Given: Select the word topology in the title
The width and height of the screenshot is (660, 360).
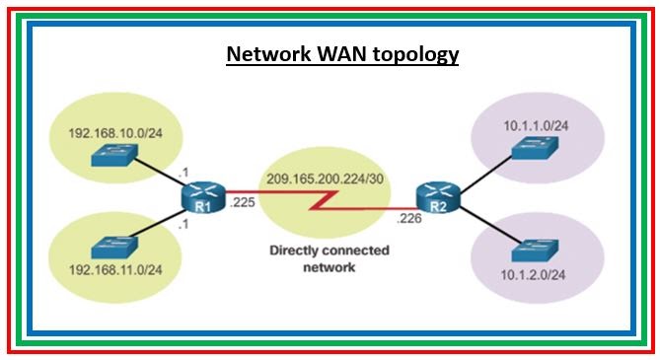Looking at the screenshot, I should (x=413, y=54).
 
